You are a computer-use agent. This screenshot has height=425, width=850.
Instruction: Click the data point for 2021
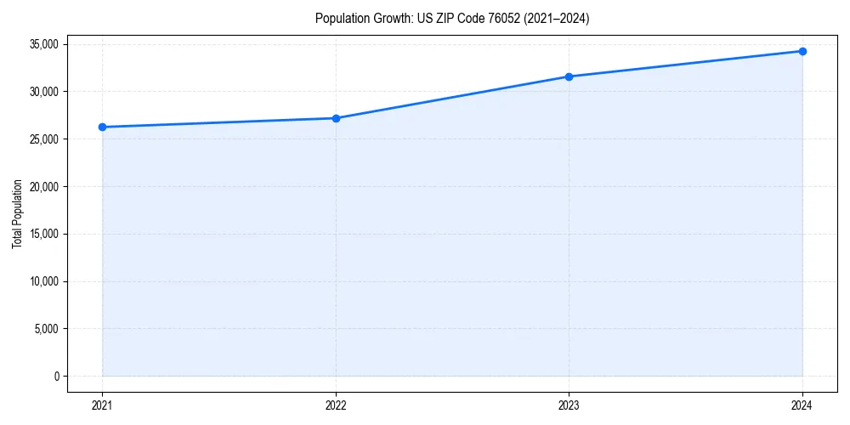click(102, 127)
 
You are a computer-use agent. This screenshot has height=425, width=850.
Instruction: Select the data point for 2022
click(336, 118)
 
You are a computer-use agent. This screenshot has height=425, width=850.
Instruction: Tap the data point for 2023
click(569, 76)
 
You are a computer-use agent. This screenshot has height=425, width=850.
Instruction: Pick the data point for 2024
click(802, 51)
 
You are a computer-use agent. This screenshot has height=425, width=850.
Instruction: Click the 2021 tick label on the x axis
click(102, 405)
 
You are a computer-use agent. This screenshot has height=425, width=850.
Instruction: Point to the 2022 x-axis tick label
click(336, 405)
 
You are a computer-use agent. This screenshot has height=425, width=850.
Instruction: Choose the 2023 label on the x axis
click(569, 405)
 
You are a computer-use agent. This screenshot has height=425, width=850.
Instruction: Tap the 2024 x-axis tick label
click(802, 405)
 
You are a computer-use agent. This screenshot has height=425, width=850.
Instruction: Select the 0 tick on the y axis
click(57, 377)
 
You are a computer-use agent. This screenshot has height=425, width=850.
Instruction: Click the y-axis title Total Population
click(17, 213)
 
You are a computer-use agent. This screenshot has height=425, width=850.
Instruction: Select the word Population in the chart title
click(343, 18)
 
